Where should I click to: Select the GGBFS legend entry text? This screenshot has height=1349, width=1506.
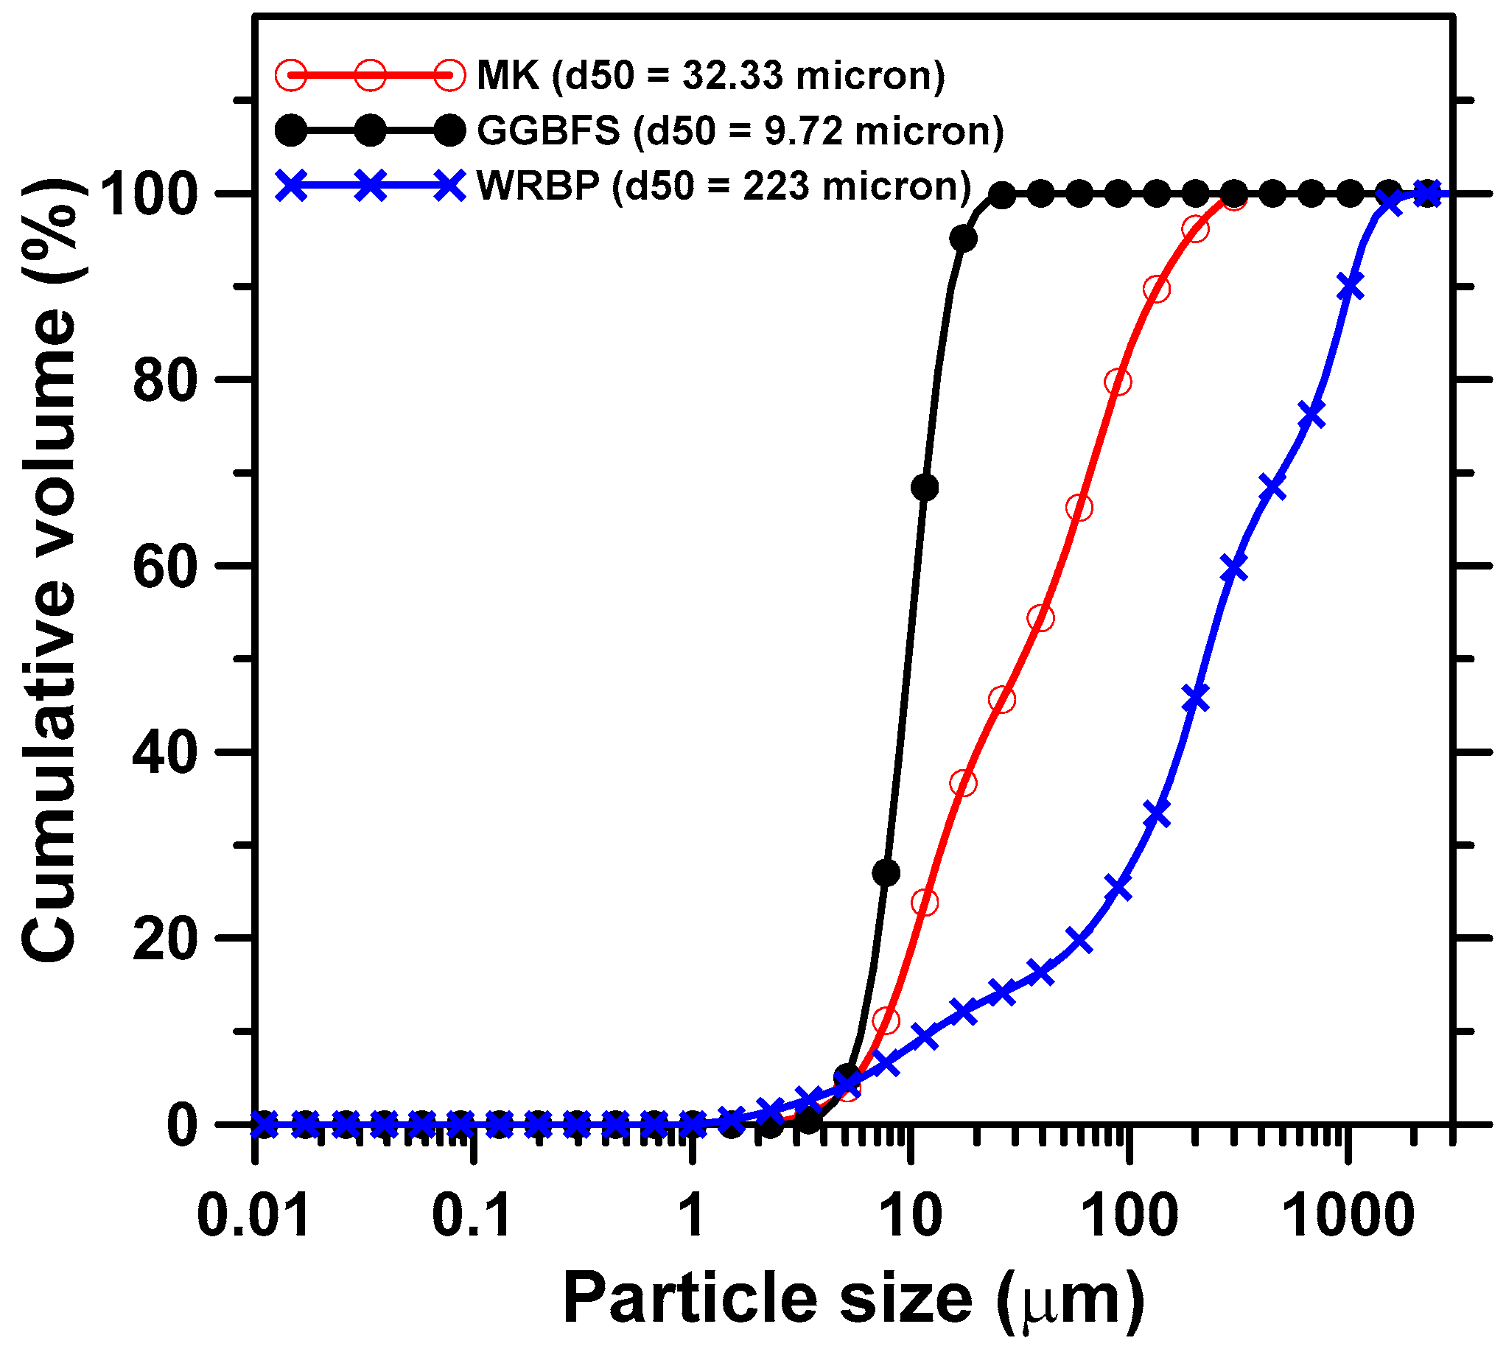pos(740,130)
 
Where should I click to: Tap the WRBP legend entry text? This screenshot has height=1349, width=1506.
pos(724,186)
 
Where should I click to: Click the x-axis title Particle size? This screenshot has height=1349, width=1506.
pos(852,1299)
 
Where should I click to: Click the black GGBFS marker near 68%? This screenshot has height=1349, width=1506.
pos(924,488)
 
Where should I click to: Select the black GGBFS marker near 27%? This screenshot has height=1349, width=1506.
pos(886,873)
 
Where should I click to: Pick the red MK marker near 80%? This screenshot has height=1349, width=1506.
pos(1118,382)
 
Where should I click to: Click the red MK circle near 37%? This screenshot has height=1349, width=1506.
pos(963,783)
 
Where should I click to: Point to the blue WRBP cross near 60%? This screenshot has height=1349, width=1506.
pos(1233,569)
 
